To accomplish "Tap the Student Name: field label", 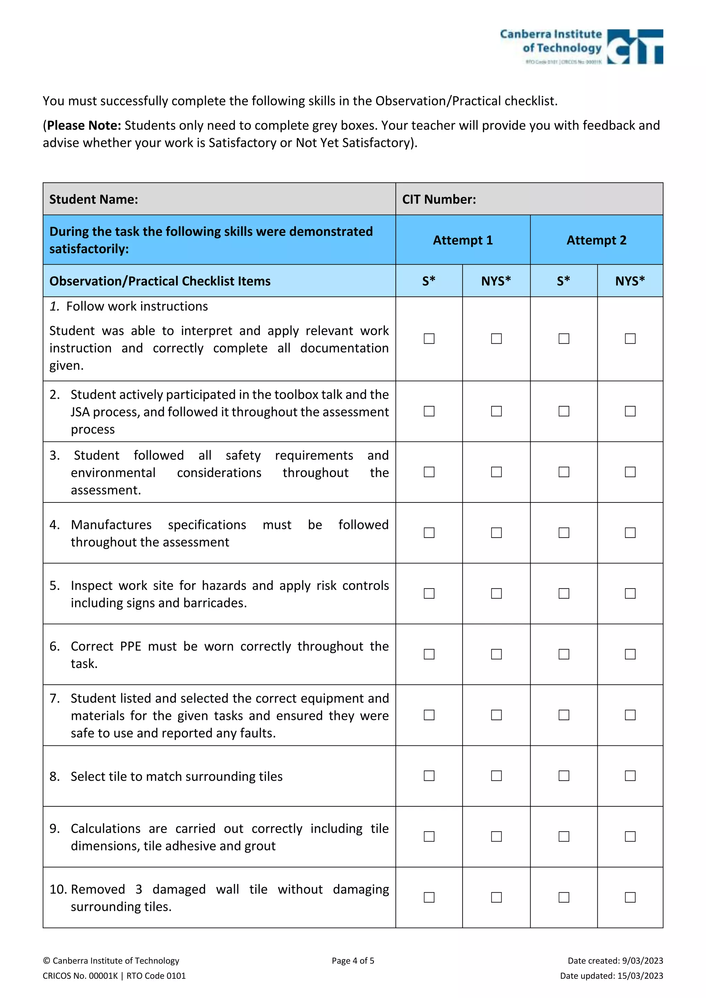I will (x=93, y=200).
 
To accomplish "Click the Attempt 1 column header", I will (x=463, y=241).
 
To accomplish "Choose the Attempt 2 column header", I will (x=596, y=241).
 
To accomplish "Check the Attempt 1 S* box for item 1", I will (x=429, y=339).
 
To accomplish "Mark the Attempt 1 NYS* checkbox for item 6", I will (x=496, y=654).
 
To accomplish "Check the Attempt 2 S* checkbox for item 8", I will (x=564, y=775).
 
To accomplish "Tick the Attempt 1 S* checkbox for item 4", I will (x=429, y=532).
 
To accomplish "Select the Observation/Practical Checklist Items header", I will (x=160, y=281).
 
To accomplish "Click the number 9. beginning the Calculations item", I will (x=55, y=828).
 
